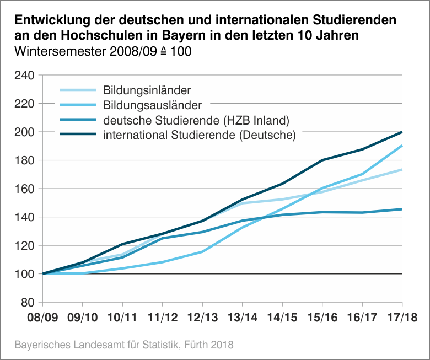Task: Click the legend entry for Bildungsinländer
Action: [147, 90]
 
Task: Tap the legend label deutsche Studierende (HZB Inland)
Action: [196, 120]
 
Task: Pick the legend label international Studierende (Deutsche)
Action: [200, 135]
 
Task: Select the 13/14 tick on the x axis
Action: [242, 318]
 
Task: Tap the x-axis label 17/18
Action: [402, 318]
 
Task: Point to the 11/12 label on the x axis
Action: [162, 318]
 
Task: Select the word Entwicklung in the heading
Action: [49, 21]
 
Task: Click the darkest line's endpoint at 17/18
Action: [402, 132]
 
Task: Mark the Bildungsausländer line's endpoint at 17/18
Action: [402, 146]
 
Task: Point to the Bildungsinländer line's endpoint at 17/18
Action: [402, 170]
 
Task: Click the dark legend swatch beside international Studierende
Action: [77, 135]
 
